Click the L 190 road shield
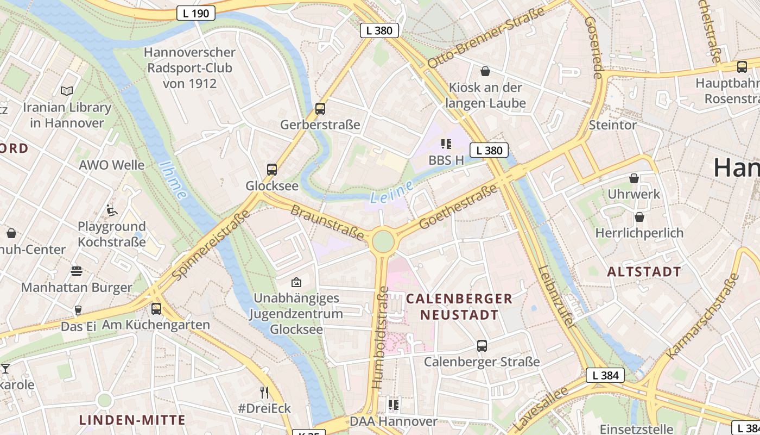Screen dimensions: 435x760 coord(196,14)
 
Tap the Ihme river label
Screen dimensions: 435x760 coord(174,180)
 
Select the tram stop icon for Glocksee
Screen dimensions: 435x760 coord(272,170)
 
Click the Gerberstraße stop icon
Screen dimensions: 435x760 coord(320,109)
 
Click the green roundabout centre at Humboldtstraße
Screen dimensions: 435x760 coord(383,241)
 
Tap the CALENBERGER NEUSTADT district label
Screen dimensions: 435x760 coord(459,307)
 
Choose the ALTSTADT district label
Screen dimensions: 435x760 coord(644,272)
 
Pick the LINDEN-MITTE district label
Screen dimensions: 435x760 coord(132,420)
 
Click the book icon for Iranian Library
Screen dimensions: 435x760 coord(67,91)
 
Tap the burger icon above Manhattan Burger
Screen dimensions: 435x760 coord(77,271)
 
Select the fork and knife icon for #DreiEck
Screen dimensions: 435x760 coord(264,392)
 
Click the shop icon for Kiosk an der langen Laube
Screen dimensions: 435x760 coord(485,71)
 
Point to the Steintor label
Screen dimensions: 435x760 coord(613,125)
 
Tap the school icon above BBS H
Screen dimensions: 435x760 coord(446,144)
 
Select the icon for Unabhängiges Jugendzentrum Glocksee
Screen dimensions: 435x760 coord(296,282)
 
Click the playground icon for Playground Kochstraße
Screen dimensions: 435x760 coord(112,210)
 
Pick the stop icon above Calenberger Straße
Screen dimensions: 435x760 coord(482,345)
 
